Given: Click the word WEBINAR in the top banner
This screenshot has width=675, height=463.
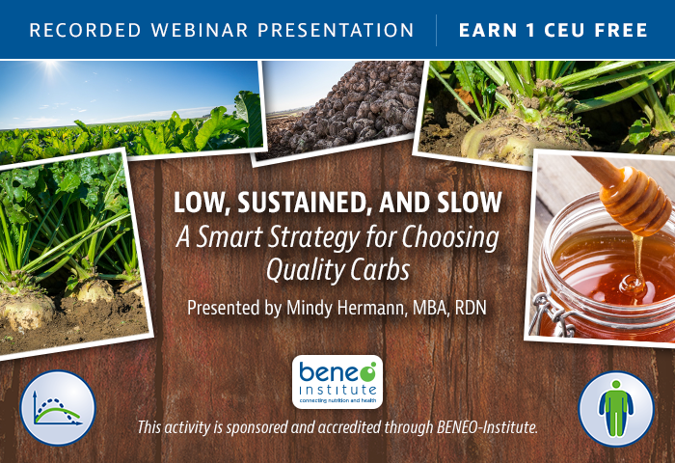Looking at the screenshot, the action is coord(200,30).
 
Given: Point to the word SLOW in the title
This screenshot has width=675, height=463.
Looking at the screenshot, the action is coord(470,202).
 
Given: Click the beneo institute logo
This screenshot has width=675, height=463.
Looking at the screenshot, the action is coord(337,382).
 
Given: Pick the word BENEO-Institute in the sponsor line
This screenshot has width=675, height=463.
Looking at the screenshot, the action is coord(487,427).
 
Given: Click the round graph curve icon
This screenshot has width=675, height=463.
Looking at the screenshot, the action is coord(58,407).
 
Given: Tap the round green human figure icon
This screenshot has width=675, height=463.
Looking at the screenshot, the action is coord(616,409).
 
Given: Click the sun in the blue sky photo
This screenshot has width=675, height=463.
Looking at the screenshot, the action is coord(51,66).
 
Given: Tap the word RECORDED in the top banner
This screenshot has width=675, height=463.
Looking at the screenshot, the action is coord(85,30).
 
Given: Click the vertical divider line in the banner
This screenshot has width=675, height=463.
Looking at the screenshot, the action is coord(436,30).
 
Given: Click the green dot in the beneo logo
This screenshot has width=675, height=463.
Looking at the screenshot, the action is coord(367,371).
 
